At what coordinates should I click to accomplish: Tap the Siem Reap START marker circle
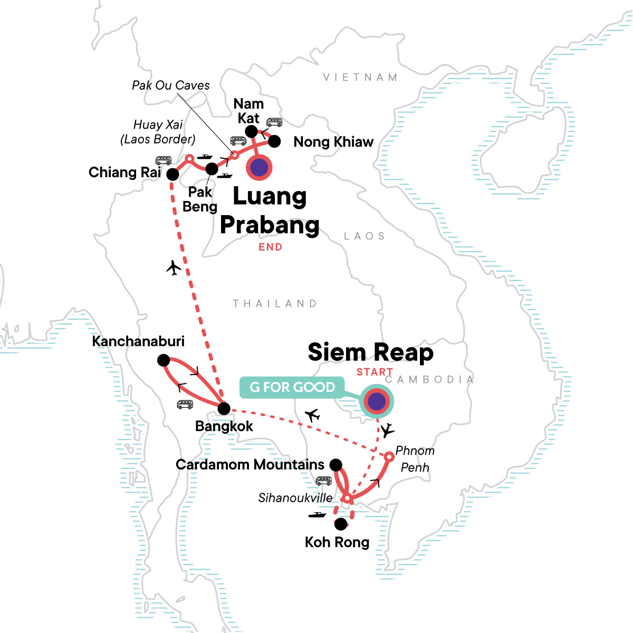377,401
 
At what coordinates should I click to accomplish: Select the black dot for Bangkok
224,408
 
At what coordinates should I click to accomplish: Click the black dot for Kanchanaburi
164,360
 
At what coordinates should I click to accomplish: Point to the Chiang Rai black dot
172,174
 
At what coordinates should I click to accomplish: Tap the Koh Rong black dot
341,524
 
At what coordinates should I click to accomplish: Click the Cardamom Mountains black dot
335,465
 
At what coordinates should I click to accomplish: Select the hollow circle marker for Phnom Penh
388,456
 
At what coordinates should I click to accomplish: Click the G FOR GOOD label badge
292,387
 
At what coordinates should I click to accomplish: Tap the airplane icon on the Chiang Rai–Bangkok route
174,268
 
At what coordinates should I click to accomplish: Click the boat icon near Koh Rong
317,514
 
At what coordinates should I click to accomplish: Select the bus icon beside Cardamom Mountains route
323,481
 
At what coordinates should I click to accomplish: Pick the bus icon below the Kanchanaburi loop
185,405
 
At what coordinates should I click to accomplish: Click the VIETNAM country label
360,78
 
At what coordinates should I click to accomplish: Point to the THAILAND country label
275,304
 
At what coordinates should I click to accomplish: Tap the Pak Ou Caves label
170,85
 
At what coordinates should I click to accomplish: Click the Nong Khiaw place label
333,142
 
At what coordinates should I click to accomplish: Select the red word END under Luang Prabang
270,247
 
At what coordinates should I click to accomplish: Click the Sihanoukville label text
295,497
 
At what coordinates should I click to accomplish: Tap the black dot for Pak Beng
211,169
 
